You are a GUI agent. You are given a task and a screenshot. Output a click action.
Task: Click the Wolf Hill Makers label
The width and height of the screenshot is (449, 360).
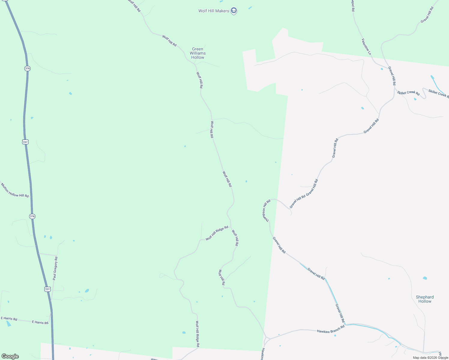(x=214, y=11)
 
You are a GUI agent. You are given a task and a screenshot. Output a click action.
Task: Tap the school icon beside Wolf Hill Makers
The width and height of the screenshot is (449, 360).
(x=234, y=11)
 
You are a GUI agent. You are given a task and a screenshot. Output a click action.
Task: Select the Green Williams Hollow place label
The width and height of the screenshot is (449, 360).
(x=197, y=53)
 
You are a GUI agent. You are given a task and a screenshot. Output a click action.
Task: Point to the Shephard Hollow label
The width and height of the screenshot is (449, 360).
(x=425, y=299)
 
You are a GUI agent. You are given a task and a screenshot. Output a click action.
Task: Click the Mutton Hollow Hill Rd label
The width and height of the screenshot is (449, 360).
(x=15, y=190)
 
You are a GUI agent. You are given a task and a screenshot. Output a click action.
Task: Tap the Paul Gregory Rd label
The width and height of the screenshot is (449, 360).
(x=55, y=268)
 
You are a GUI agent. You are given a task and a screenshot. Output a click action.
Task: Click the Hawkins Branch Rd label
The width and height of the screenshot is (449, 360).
(x=330, y=329)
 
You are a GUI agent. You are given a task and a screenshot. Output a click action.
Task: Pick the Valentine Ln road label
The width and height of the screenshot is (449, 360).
(x=366, y=46)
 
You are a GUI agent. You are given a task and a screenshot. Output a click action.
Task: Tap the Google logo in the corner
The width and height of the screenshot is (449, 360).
(x=10, y=356)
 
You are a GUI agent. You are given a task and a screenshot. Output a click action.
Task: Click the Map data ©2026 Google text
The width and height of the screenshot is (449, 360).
(x=430, y=358)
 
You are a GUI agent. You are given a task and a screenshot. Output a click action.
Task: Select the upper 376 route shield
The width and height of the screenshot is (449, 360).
(x=27, y=68)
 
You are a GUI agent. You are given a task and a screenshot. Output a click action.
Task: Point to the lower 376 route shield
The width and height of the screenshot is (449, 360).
(x=32, y=216)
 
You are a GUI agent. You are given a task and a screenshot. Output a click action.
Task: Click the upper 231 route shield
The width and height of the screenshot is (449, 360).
(x=26, y=142)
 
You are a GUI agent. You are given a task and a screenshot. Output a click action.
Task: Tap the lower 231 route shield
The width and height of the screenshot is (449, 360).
(x=47, y=289)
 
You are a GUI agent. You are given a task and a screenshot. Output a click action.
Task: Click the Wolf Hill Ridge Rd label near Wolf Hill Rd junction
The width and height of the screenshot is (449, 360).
(x=217, y=233)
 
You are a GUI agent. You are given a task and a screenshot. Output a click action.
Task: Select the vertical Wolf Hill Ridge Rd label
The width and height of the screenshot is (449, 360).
(x=197, y=334)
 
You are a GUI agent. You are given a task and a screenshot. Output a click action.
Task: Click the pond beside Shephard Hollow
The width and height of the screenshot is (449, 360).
(x=425, y=278)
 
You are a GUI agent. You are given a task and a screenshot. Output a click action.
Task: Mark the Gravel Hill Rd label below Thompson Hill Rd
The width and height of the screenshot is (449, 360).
(x=279, y=245)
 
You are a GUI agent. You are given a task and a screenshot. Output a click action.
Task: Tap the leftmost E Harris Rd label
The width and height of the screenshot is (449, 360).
(x=9, y=319)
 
